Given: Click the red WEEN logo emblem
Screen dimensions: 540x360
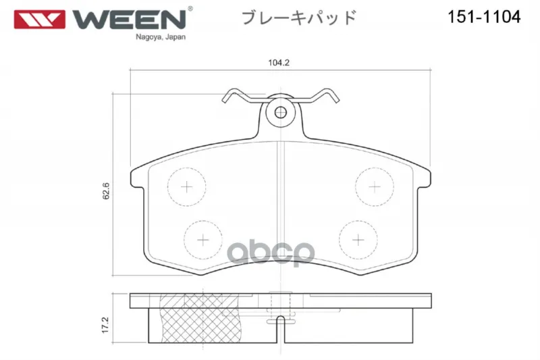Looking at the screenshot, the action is [x=39, y=20].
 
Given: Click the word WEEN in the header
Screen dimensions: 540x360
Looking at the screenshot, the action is [x=129, y=20].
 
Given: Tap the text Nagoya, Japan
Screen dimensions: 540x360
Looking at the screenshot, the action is [x=161, y=37].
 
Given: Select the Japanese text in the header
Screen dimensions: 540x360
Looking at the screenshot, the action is [x=299, y=18].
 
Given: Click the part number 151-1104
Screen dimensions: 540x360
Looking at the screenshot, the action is [x=484, y=16].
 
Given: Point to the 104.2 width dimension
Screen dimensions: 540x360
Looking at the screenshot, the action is [x=279, y=63].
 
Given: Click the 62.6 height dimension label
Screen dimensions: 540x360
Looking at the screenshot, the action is [x=106, y=191].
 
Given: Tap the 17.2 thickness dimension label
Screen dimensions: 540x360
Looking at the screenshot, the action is [x=105, y=325].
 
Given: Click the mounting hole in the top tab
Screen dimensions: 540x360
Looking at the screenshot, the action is [x=281, y=112].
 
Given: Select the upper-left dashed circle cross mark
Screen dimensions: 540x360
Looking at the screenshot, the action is [x=187, y=187].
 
